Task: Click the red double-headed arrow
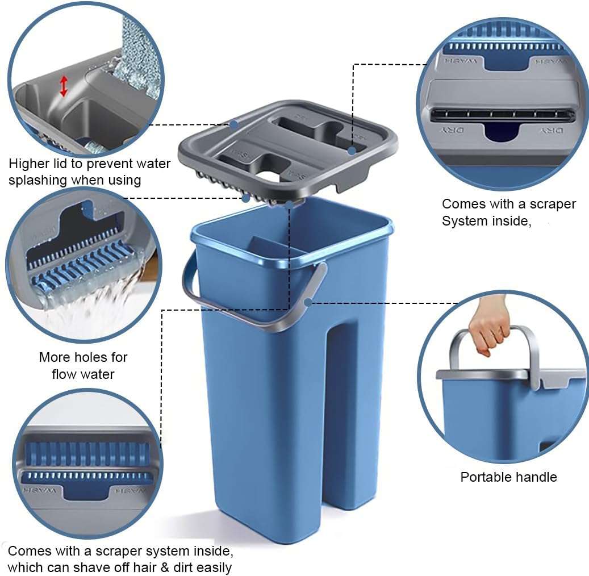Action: [x=64, y=85]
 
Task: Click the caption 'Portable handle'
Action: [x=508, y=477]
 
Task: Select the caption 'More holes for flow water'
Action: [x=83, y=366]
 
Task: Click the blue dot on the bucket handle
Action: [x=308, y=302]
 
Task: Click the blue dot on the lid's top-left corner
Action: [x=233, y=123]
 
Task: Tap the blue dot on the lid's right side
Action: [x=352, y=151]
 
